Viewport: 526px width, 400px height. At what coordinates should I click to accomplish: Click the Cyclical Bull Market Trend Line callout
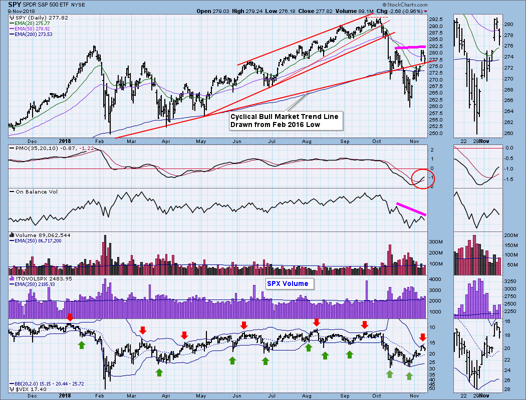pos(284,120)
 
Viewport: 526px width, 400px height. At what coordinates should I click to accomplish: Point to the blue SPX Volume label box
pos(290,283)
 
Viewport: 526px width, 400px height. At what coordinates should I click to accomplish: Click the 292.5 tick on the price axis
pos(436,19)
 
